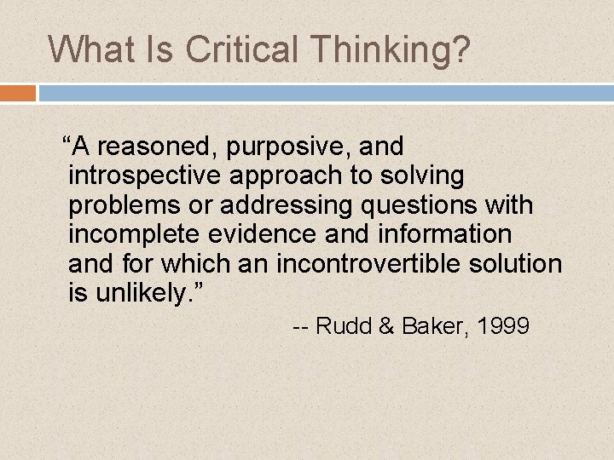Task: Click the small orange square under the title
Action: pos(18,92)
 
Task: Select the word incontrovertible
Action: pos(345,264)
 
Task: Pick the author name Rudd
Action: pos(344,326)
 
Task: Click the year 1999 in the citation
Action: pos(505,326)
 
